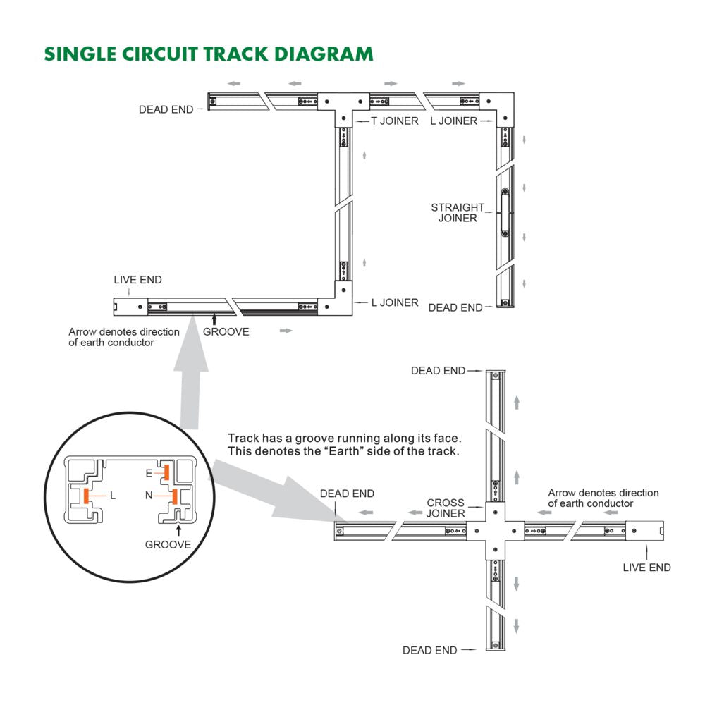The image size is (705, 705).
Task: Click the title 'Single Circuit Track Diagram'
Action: (x=208, y=54)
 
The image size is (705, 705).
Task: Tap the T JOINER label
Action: (x=394, y=121)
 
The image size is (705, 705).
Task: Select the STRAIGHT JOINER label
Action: (x=458, y=213)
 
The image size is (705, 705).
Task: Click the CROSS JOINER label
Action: (x=446, y=508)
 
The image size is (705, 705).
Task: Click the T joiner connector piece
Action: (x=343, y=106)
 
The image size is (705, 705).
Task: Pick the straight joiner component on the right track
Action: (x=505, y=211)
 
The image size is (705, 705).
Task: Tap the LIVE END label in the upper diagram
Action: (x=137, y=280)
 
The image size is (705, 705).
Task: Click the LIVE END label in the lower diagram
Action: (x=646, y=568)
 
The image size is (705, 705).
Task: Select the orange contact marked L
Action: (x=87, y=496)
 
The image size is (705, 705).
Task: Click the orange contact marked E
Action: (x=167, y=470)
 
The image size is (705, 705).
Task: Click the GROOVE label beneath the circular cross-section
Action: (x=168, y=544)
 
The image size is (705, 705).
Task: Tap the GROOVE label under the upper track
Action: (x=226, y=331)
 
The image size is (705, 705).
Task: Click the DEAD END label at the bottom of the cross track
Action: (x=429, y=650)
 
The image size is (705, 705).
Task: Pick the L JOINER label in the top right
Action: (x=453, y=121)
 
